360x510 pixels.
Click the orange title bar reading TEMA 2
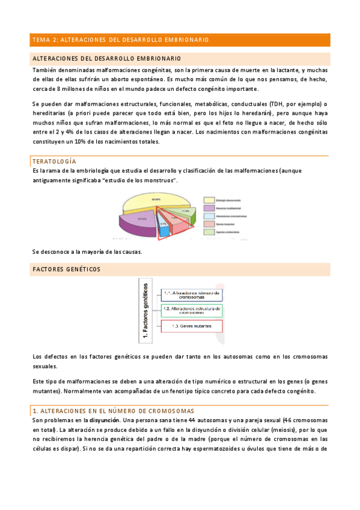pyautogui.click(x=180, y=40)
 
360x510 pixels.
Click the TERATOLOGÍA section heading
pyautogui.click(x=54, y=162)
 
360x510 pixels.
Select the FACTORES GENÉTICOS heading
pyautogui.click(x=67, y=269)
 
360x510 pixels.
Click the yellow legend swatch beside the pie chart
pyautogui.click(x=209, y=200)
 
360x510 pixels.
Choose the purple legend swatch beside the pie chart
pyautogui.click(x=209, y=208)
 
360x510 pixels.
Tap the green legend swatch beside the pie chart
pyautogui.click(x=209, y=231)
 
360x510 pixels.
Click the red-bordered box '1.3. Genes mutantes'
pyautogui.click(x=191, y=326)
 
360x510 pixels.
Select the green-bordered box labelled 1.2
pyautogui.click(x=191, y=310)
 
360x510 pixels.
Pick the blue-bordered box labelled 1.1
pyautogui.click(x=191, y=295)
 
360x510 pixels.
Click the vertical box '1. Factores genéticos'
pyautogui.click(x=144, y=311)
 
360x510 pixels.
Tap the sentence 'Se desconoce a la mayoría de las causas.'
pyautogui.click(x=87, y=251)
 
